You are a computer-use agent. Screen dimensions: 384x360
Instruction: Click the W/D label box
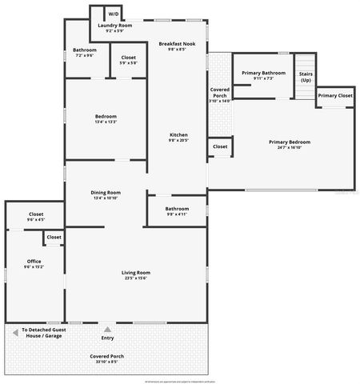point(113,14)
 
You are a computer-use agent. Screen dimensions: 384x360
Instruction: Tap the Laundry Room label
point(115,26)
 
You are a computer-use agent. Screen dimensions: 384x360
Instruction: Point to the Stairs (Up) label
point(305,77)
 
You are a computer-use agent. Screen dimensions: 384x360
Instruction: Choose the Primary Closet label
point(335,96)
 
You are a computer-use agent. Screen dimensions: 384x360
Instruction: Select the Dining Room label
point(106,192)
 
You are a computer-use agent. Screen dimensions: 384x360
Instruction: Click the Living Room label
point(136,273)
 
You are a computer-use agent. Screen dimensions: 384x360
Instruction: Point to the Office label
point(34,262)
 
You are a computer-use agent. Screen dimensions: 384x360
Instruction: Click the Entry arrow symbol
point(107,327)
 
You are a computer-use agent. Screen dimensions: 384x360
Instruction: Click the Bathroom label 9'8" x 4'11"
point(177,210)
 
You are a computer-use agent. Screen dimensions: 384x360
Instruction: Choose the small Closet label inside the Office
point(54,238)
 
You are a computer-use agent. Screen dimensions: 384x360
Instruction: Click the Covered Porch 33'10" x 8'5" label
point(106,357)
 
